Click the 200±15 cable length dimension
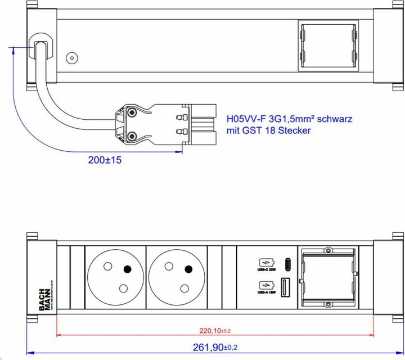click(x=105, y=160)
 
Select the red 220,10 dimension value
click(x=214, y=330)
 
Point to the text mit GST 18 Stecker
click(x=268, y=130)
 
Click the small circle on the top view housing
click(x=72, y=57)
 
